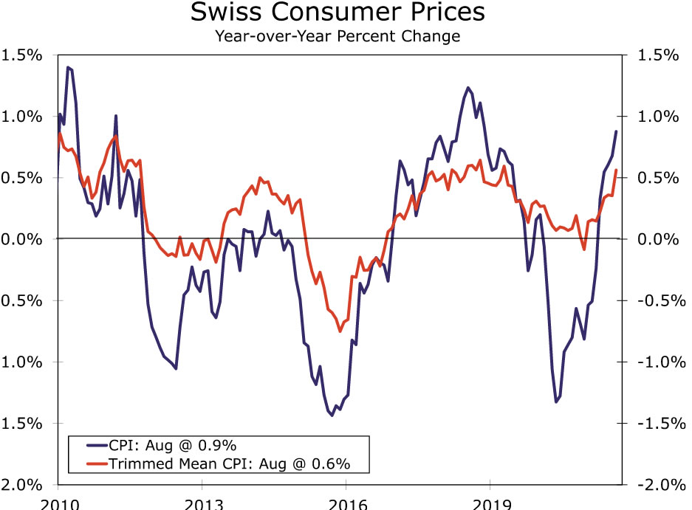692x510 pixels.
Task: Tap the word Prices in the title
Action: (445, 13)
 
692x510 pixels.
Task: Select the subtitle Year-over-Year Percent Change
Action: (338, 35)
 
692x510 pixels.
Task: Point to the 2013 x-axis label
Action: (202, 503)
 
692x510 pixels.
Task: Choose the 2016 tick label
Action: (346, 503)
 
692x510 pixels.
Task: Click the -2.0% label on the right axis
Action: (652, 484)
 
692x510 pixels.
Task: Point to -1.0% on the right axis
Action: (652, 362)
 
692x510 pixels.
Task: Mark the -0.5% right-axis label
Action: (652, 300)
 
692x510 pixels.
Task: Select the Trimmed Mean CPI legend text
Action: (228, 464)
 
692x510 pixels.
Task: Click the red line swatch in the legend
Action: (90, 464)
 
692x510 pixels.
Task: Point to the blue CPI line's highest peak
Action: (68, 67)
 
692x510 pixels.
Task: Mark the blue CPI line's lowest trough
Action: (332, 416)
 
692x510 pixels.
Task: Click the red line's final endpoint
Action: (616, 170)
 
